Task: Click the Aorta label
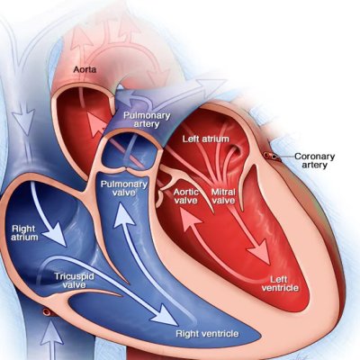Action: click(x=85, y=69)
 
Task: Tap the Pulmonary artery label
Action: click(x=147, y=120)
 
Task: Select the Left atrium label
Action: click(x=206, y=139)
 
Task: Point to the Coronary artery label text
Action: click(x=314, y=160)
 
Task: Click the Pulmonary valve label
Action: click(x=124, y=188)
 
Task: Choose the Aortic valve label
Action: click(x=186, y=196)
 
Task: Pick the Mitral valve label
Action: click(x=223, y=196)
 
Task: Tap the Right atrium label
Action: click(x=25, y=233)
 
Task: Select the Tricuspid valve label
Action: click(x=74, y=280)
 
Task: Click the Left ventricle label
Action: click(x=280, y=283)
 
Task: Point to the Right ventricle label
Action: click(x=207, y=334)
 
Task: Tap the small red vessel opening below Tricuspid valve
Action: click(x=47, y=312)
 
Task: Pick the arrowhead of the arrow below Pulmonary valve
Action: click(x=123, y=213)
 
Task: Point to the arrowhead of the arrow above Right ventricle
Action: click(x=166, y=315)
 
